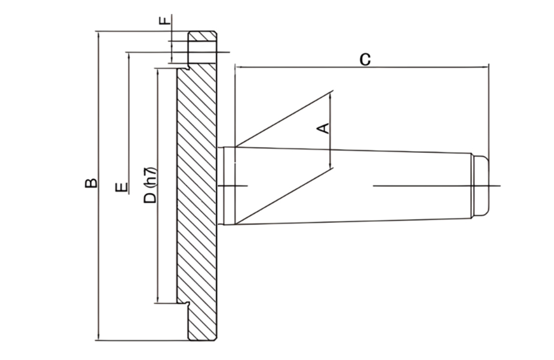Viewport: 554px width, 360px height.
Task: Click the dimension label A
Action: click(324, 127)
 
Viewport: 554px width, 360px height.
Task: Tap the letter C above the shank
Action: click(364, 59)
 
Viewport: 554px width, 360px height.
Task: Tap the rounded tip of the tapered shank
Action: click(482, 185)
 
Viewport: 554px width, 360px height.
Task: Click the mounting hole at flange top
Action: click(202, 46)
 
